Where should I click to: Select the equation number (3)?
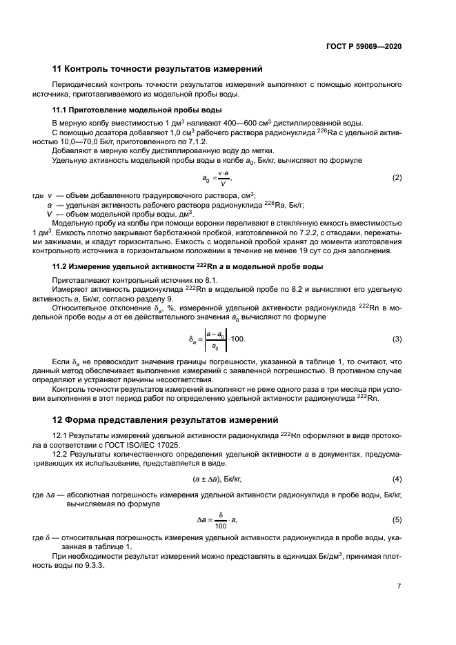[397, 339]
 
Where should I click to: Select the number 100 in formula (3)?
[238, 339]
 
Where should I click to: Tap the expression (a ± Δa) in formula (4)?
[206, 479]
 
